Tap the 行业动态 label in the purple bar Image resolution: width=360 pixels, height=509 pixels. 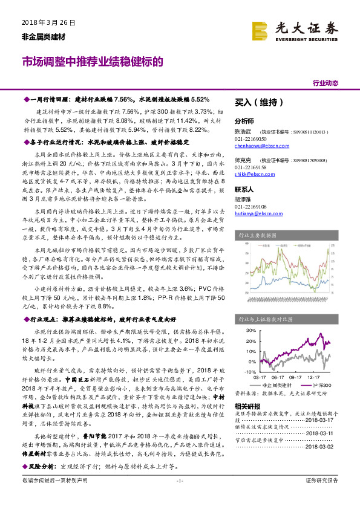pyautogui.click(x=325, y=83)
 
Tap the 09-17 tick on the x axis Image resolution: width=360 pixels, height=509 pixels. pyautogui.click(x=295, y=375)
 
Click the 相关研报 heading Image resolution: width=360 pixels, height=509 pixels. pyautogui.click(x=247, y=406)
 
